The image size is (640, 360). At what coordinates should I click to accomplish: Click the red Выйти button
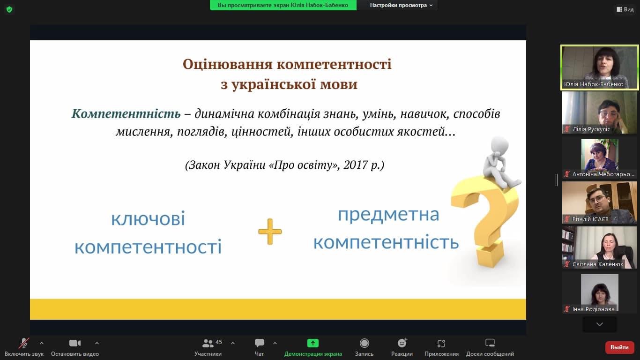[619, 347]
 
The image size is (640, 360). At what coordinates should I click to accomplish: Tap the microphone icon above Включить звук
[24, 343]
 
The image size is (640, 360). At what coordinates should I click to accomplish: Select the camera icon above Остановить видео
[75, 343]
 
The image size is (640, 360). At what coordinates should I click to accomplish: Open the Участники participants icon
[208, 343]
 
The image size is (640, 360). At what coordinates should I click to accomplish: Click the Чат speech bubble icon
[260, 343]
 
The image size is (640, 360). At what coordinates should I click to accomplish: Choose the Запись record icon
[365, 343]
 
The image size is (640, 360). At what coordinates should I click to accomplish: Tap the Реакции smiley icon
[402, 343]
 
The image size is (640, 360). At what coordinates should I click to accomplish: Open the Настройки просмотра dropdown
[401, 5]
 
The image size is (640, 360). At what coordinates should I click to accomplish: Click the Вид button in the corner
[625, 9]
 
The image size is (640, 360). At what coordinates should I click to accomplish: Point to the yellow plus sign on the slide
[270, 232]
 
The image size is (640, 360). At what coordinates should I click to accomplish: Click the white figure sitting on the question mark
[500, 162]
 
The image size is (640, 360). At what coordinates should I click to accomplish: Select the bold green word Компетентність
[126, 113]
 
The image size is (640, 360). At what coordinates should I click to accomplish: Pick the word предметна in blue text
[388, 214]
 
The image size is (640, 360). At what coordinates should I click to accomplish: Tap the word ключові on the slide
[148, 219]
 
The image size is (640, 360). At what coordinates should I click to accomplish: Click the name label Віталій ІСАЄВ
[590, 219]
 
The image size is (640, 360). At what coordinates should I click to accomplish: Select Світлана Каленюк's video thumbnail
[599, 247]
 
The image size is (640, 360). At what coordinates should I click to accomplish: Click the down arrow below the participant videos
[599, 324]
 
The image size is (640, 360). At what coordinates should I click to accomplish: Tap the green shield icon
[9, 10]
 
